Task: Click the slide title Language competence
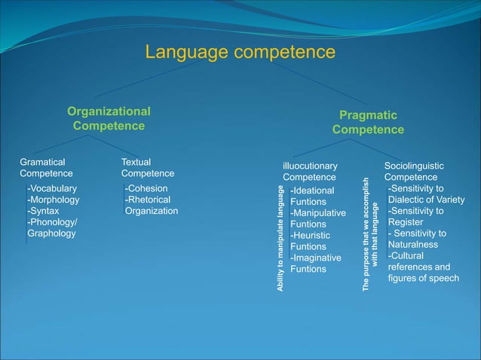point(240,52)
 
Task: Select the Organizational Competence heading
point(109,118)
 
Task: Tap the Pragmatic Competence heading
point(368,122)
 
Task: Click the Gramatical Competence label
point(46,167)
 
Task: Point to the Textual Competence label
point(147,167)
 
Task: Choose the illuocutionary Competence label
point(310,171)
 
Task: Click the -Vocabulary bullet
point(52,188)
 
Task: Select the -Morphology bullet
point(54,200)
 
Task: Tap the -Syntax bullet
point(43,211)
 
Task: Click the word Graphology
point(51,233)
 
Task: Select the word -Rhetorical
point(148,200)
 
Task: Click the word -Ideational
point(312,191)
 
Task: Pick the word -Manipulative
point(317,213)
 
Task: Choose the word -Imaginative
point(315,258)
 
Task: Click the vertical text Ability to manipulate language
point(280,238)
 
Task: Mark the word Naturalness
point(412,245)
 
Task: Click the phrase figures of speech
point(423,278)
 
